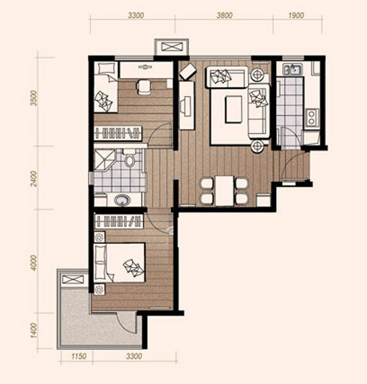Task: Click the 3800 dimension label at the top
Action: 224,15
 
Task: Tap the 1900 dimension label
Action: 296,15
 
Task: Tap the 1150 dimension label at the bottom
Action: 79,356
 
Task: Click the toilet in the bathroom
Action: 129,157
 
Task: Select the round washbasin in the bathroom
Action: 122,200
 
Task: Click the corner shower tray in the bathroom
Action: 104,159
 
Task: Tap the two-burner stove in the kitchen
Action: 311,118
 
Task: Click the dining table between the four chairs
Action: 224,191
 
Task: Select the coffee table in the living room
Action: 234,109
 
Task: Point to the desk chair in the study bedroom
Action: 144,86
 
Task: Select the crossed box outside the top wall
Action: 172,47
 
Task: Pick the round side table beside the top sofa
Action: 257,74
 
